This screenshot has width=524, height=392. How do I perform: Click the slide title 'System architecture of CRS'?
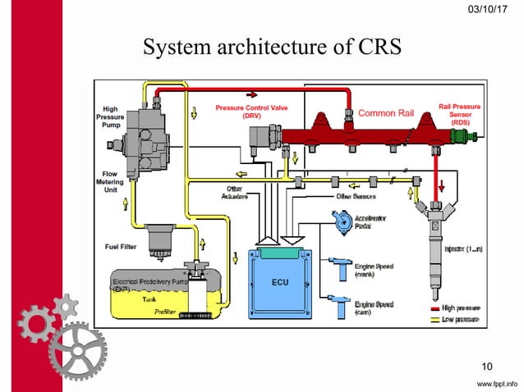coord(272,48)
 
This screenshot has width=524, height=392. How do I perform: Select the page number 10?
coord(486,366)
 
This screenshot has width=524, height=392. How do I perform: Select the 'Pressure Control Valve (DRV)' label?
coord(251,112)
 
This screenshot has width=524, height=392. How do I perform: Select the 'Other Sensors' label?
coord(356,197)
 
